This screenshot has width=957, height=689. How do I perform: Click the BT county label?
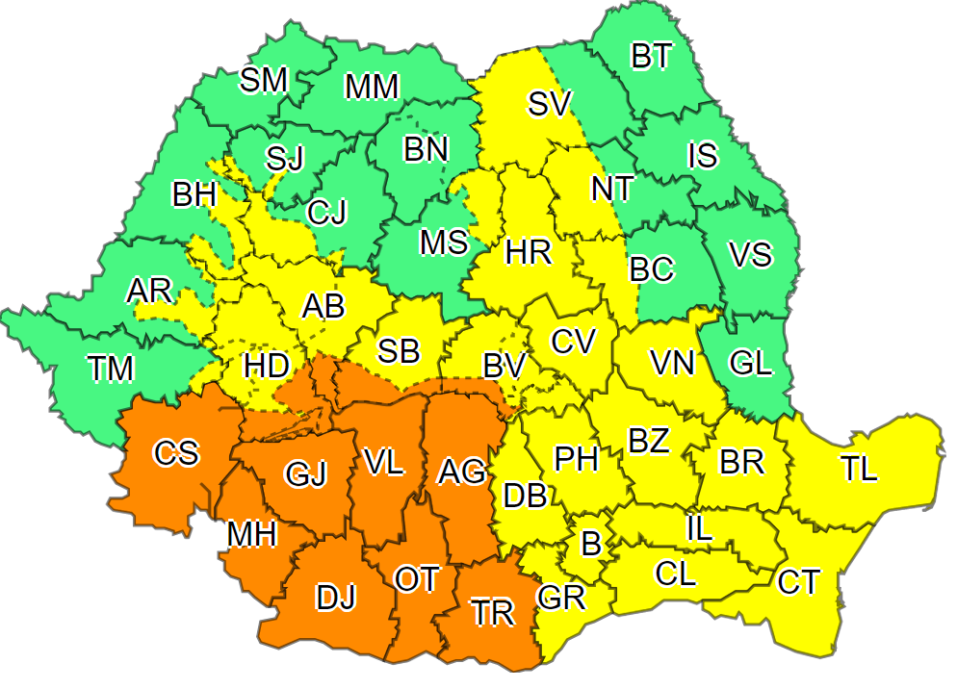pyautogui.click(x=652, y=57)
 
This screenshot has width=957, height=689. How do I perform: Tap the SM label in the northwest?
pyautogui.click(x=264, y=80)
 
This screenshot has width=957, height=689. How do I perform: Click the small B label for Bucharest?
pyautogui.click(x=591, y=544)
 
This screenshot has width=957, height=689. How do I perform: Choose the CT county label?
pyautogui.click(x=799, y=582)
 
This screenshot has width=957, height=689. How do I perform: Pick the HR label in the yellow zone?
pyautogui.click(x=529, y=253)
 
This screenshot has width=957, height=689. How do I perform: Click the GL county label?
pyautogui.click(x=750, y=364)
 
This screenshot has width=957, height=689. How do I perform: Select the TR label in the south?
pyautogui.click(x=493, y=613)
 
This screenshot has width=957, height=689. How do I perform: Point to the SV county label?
pyautogui.click(x=550, y=103)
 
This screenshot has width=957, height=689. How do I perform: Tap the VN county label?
pyautogui.click(x=672, y=363)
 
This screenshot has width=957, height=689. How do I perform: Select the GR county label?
pyautogui.click(x=562, y=598)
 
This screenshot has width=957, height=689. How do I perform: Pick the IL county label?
pyautogui.click(x=700, y=526)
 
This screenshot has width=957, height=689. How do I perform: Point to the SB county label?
pyautogui.click(x=399, y=351)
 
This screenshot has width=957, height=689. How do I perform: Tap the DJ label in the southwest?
pyautogui.click(x=337, y=598)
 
